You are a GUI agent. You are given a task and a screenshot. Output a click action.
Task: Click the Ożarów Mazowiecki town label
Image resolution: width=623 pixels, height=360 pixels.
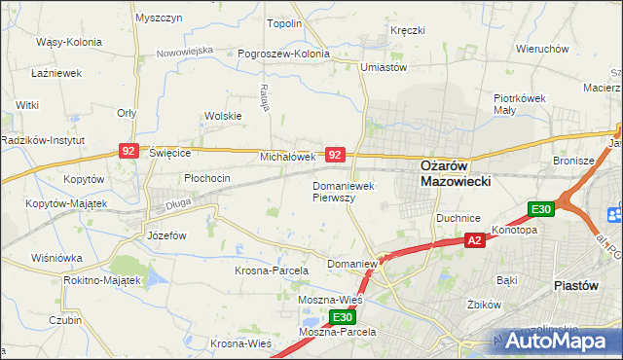pyautogui.click(x=455, y=172)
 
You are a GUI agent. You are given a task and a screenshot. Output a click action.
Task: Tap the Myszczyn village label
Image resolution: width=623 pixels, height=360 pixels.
pyautogui.click(x=159, y=18)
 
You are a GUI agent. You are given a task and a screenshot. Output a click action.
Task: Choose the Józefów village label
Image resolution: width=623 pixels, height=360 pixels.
pyautogui.click(x=166, y=235)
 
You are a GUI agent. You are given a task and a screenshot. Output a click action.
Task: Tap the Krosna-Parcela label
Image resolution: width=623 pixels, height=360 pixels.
pyautogui.click(x=272, y=270)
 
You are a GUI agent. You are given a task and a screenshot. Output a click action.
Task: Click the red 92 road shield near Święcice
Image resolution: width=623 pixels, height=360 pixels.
pyautogui.click(x=128, y=151)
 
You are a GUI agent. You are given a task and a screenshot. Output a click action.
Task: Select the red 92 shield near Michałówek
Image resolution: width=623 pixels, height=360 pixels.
pyautogui.click(x=335, y=155)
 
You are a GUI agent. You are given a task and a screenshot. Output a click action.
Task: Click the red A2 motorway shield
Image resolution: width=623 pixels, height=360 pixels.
pyautogui.click(x=474, y=240)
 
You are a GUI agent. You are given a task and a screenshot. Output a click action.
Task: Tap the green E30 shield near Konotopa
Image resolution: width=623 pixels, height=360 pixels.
pyautogui.click(x=541, y=209)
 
